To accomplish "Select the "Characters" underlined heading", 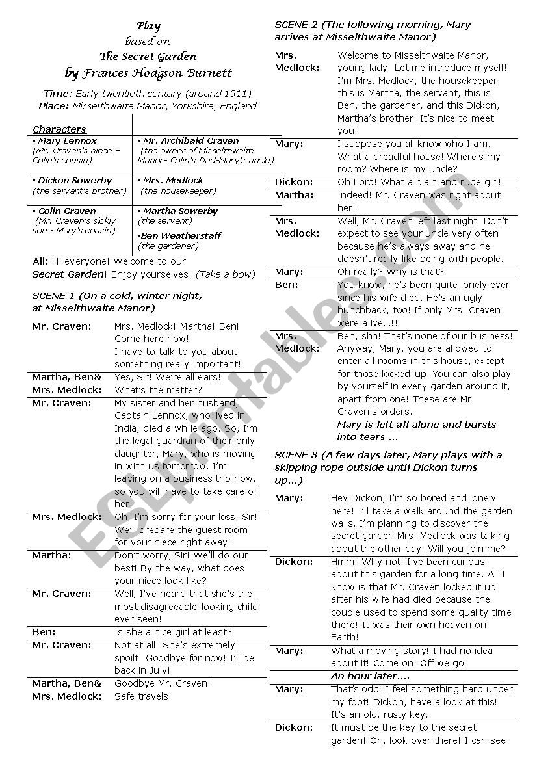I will tap(59, 129).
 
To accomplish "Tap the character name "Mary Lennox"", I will tap(67, 140).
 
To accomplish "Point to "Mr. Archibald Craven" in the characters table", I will tap(190, 140).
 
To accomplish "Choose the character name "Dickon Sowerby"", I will tap(74, 180).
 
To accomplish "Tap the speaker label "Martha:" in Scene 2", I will tap(294, 195).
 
